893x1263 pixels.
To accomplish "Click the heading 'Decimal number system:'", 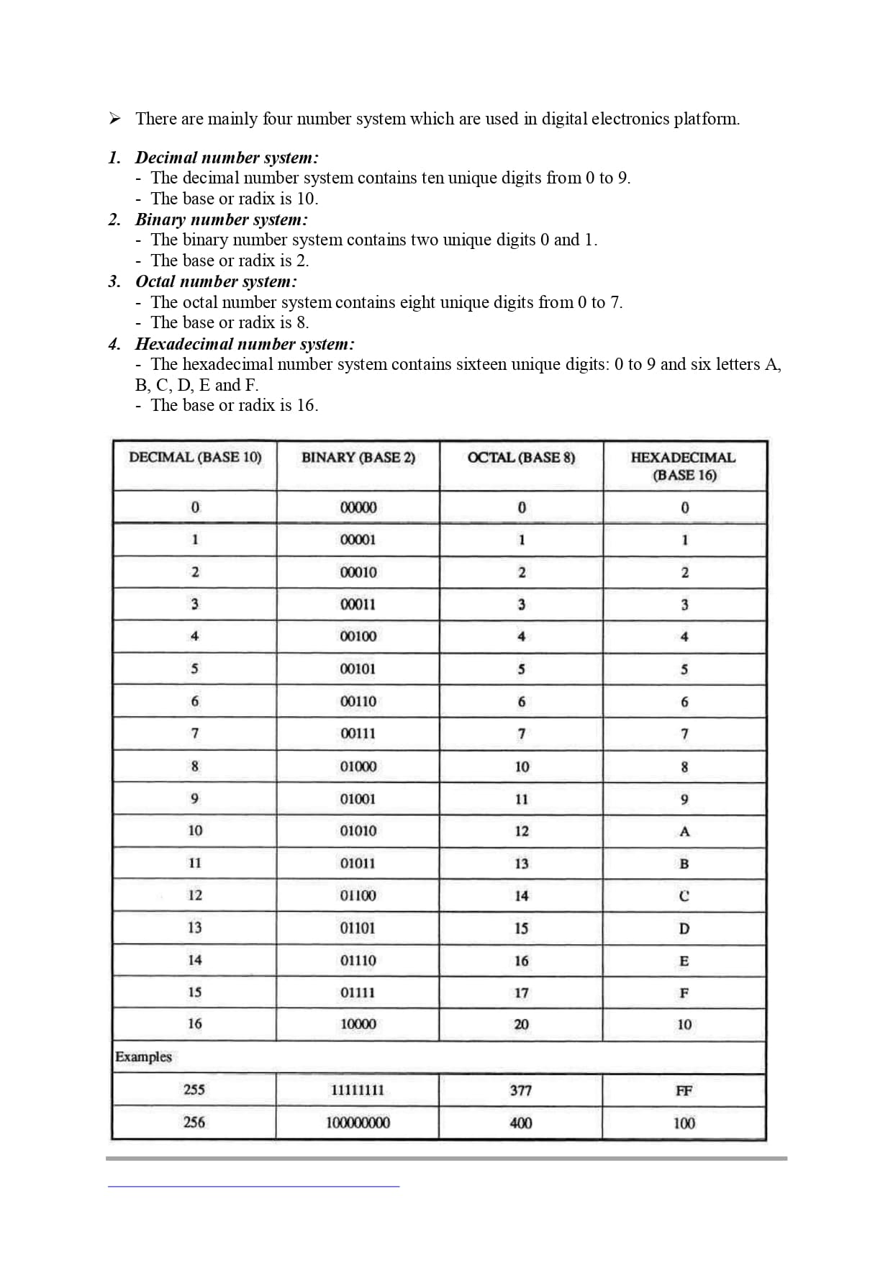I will (x=227, y=158).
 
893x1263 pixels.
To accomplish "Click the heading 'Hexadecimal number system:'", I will (x=245, y=344).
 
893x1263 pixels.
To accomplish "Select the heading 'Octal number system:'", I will (x=216, y=281).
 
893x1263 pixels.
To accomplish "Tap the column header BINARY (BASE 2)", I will (x=358, y=458).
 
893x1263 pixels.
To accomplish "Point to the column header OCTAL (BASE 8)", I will (x=521, y=458).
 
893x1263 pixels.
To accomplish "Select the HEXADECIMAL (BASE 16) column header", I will (x=684, y=466).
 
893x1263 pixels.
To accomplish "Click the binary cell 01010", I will (x=358, y=831).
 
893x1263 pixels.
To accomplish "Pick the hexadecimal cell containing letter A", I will (x=684, y=832).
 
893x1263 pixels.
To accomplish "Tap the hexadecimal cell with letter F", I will (x=684, y=993).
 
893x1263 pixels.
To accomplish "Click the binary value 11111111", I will (x=358, y=1090).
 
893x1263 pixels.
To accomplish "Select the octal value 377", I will (x=521, y=1090).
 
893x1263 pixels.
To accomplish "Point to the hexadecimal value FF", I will (x=684, y=1091).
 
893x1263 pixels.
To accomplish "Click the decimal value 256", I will (x=194, y=1123).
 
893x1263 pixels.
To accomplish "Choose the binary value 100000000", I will (x=358, y=1123).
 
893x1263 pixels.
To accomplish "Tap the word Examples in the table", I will (x=144, y=1057).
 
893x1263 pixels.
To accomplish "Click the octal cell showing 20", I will (x=521, y=1024).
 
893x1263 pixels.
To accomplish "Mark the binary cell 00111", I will (x=358, y=734).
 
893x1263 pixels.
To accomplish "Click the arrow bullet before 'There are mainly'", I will (x=114, y=119).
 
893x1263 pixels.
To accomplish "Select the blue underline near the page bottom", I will (x=253, y=1186).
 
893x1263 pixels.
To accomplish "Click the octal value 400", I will (x=521, y=1123).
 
